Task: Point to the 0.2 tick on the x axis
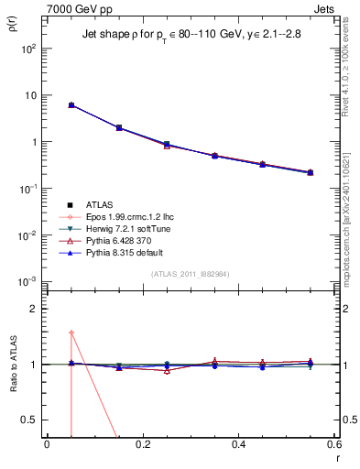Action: point(142,444)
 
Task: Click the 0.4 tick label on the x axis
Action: point(238,444)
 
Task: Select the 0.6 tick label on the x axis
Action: point(334,444)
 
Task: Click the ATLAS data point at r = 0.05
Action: point(71,105)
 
